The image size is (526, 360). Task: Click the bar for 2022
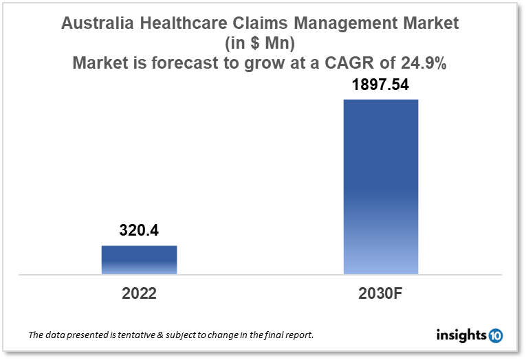pos(139,260)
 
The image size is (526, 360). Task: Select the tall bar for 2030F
pos(381,187)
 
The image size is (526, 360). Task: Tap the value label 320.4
pos(139,231)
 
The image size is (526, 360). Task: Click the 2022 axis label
pos(139,293)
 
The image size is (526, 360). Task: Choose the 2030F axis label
pos(381,293)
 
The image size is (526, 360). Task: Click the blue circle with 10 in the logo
pos(495,335)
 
